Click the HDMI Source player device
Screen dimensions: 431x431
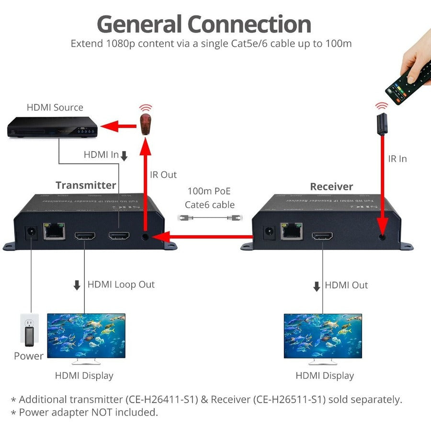(52, 128)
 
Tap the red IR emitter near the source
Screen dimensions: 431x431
(146, 123)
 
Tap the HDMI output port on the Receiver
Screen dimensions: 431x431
(322, 236)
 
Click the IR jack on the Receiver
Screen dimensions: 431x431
(382, 236)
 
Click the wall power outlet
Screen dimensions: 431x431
(29, 330)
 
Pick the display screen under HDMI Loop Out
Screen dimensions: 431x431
(86, 336)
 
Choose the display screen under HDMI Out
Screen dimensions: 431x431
(323, 336)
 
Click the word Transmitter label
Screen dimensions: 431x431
(86, 185)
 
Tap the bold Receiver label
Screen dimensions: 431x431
(331, 187)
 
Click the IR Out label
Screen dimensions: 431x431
(163, 175)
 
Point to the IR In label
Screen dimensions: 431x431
(397, 159)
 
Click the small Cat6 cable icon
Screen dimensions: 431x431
(209, 217)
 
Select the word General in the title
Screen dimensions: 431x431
(139, 24)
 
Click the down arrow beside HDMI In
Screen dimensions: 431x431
(124, 156)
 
